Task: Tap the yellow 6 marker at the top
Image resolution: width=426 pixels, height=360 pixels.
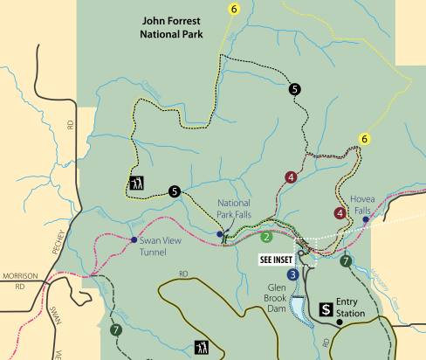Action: click(x=233, y=9)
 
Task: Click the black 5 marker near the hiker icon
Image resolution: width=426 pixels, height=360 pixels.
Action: click(x=175, y=191)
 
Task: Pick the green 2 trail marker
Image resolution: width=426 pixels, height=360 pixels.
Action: click(x=266, y=236)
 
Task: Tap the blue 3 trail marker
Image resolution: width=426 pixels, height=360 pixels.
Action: click(x=292, y=274)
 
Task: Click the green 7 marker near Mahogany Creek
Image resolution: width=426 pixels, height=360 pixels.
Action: click(x=347, y=260)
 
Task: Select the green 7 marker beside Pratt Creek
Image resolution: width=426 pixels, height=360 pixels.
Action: click(x=115, y=329)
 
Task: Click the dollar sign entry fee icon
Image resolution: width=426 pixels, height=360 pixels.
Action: click(x=325, y=308)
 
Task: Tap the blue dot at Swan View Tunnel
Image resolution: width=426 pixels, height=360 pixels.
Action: click(x=133, y=240)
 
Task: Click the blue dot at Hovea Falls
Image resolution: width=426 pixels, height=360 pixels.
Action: click(x=366, y=219)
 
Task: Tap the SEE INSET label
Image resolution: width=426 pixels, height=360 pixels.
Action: click(x=277, y=260)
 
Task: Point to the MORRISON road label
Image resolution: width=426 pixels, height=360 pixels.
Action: click(x=18, y=276)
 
